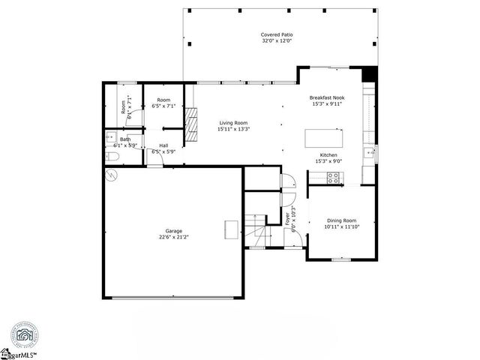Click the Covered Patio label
(277, 34)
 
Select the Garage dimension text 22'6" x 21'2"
(173, 237)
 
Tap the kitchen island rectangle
(324, 139)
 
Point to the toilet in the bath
(112, 157)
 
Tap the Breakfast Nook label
(326, 97)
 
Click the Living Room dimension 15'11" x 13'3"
(233, 129)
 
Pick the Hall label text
(163, 145)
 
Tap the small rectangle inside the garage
(232, 229)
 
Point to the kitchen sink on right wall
(367, 152)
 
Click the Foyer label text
(287, 220)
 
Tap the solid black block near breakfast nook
(367, 73)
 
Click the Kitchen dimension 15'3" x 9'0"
(328, 160)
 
